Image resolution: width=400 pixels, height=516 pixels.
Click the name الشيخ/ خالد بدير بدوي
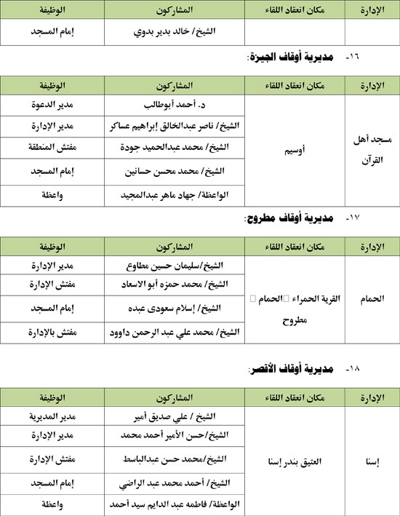(x=175, y=33)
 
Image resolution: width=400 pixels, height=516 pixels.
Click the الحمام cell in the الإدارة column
(x=372, y=298)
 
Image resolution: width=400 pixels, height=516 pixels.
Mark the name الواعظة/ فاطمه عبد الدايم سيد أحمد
(x=175, y=504)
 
